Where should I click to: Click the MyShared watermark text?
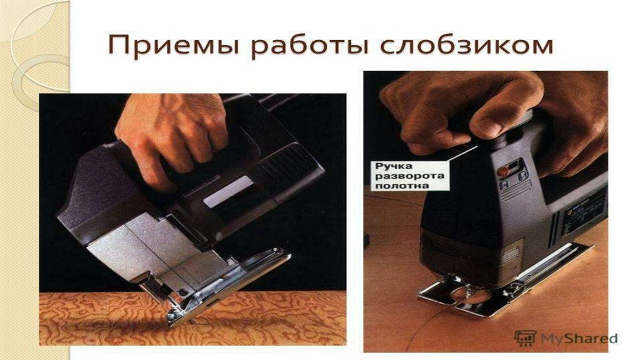(578, 338)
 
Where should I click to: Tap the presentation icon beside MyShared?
(525, 338)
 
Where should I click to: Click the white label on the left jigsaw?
(228, 192)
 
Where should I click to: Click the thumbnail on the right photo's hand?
(487, 127)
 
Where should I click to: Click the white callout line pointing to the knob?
(462, 153)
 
